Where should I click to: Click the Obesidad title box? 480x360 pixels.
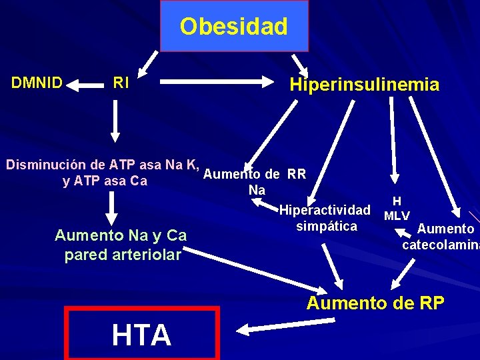tap(234, 27)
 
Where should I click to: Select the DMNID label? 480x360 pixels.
tap(37, 83)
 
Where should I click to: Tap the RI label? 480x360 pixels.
tap(121, 83)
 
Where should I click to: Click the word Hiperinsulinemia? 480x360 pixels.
tap(364, 85)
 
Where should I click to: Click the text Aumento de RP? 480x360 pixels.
tap(375, 303)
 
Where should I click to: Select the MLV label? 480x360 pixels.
tap(397, 215)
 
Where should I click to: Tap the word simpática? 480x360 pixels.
tap(326, 226)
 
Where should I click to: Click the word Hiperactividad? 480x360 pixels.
tap(325, 211)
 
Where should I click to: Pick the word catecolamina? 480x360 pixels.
tap(440, 244)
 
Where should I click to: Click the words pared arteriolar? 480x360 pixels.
tap(123, 255)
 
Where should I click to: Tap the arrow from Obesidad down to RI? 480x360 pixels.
tap(150, 61)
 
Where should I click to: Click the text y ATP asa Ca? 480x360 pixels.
tap(105, 181)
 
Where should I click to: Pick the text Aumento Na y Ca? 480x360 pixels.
tap(121, 235)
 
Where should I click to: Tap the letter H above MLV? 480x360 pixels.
tap(397, 201)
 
